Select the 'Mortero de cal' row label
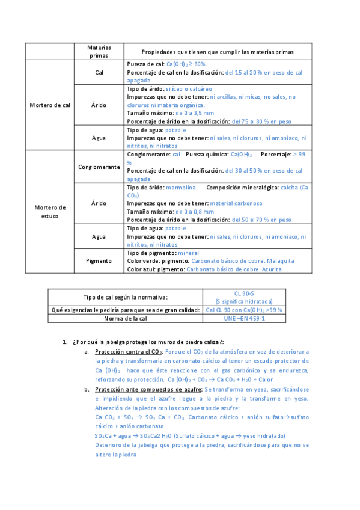(x=50, y=105)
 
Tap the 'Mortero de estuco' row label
(x=50, y=211)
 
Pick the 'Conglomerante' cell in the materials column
(x=99, y=167)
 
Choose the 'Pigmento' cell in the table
(x=99, y=261)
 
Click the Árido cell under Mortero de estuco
(x=99, y=203)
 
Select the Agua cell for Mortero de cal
(x=99, y=138)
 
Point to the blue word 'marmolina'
(x=182, y=188)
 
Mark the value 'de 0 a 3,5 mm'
(x=194, y=113)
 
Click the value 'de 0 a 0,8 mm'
(x=194, y=212)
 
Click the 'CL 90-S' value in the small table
(x=244, y=293)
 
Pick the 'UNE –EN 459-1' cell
(x=244, y=318)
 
